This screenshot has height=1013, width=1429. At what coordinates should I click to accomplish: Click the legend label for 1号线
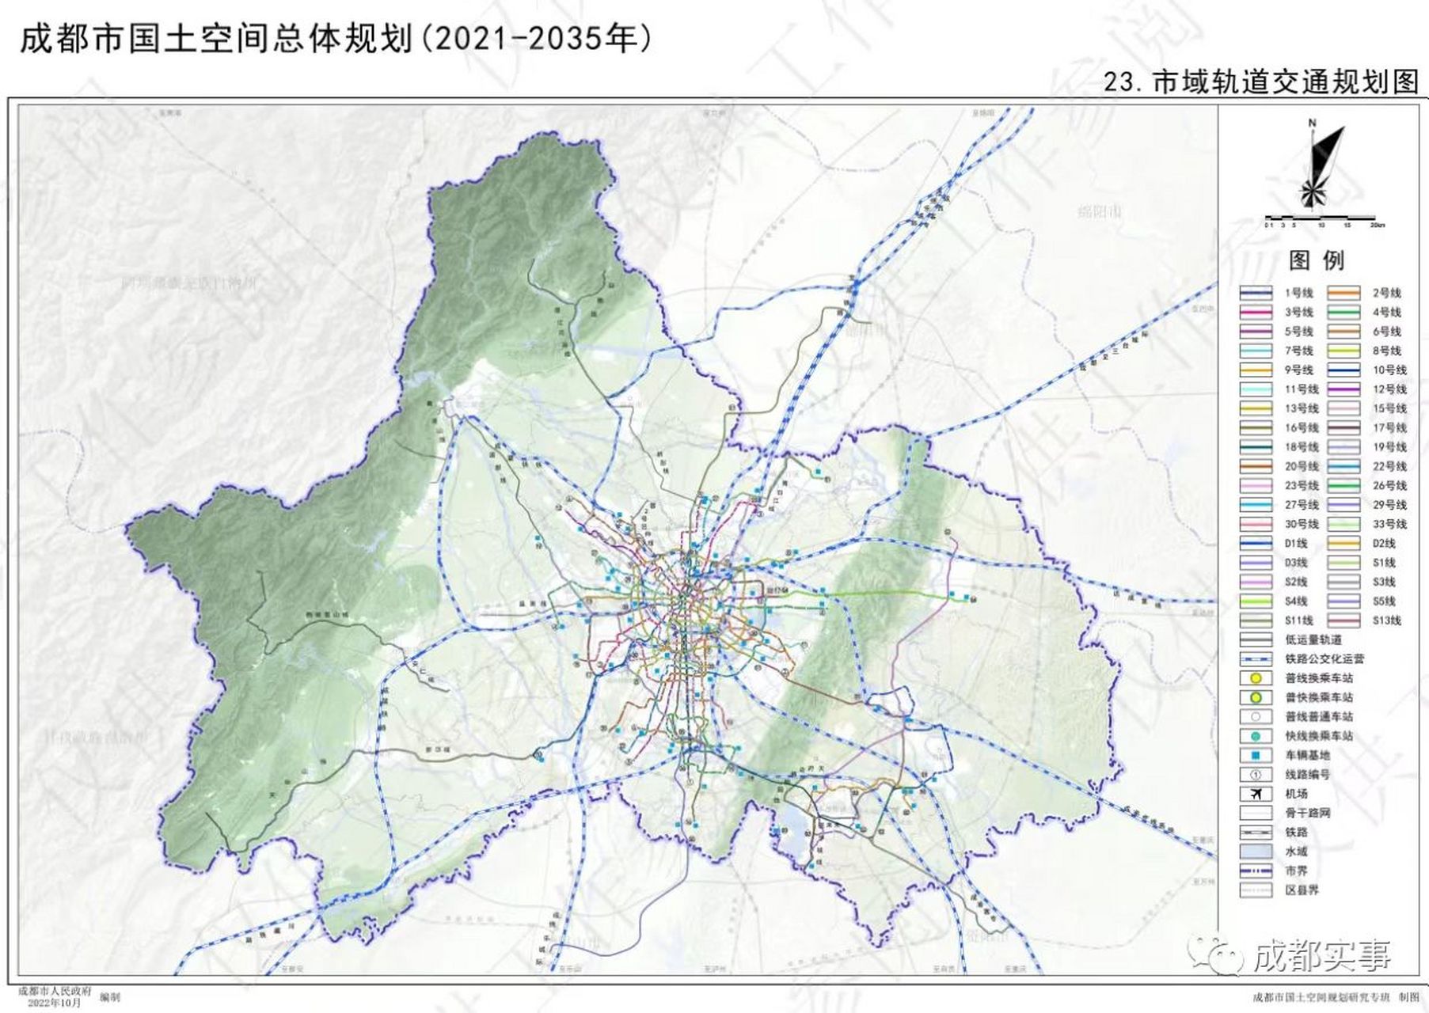click(1298, 293)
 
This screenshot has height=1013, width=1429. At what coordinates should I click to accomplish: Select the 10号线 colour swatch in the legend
click(1343, 370)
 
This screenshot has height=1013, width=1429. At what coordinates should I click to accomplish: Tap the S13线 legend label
click(1386, 620)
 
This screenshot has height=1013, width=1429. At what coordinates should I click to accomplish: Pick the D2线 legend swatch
click(1343, 543)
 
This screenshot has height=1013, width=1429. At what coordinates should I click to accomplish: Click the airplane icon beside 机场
click(1256, 794)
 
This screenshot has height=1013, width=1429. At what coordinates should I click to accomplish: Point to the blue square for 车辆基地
click(1256, 755)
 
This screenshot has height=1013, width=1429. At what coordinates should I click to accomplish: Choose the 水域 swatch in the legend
click(1256, 852)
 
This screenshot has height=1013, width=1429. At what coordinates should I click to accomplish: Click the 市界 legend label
click(1296, 871)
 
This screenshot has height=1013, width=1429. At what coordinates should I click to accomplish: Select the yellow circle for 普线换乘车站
click(1256, 678)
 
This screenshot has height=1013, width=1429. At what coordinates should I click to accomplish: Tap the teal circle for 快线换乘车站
click(1256, 736)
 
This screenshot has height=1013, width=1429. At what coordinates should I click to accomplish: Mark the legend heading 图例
click(1317, 260)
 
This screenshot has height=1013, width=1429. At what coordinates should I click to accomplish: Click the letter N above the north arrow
click(1312, 123)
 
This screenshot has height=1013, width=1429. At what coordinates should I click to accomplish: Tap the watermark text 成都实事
click(1322, 956)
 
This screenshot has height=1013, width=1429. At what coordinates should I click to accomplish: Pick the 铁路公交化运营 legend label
click(1324, 658)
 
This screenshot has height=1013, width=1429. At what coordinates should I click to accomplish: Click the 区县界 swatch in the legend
click(1256, 890)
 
